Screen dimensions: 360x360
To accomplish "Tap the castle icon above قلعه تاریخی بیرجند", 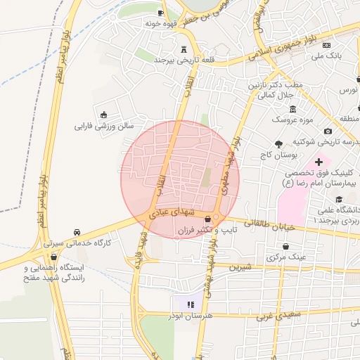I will tap(184, 49).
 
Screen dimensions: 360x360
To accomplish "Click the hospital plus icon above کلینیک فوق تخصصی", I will tap(319, 162).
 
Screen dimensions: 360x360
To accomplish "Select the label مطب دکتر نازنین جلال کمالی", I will tap(275, 89).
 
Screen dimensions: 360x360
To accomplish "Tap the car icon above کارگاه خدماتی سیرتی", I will tap(77, 232).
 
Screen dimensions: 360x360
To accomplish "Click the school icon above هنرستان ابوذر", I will tap(190, 304).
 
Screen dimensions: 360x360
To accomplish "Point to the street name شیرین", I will tap(241, 266).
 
